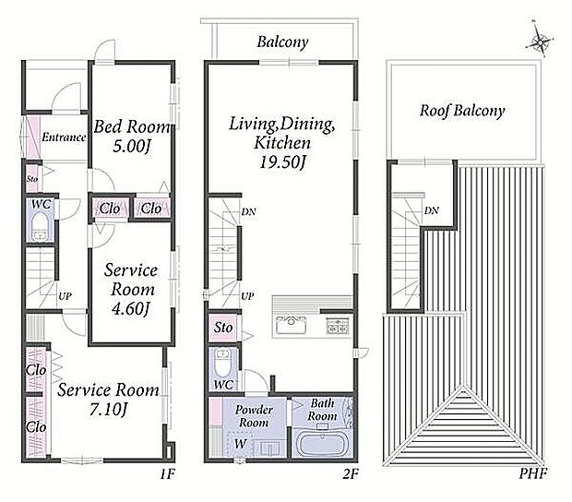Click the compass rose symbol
(x=540, y=40)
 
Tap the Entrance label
(x=64, y=137)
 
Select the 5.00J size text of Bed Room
(x=132, y=147)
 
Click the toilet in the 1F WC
(x=39, y=226)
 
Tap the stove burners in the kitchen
(x=338, y=325)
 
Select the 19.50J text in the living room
(x=282, y=162)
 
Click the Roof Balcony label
(x=462, y=111)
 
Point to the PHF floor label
(x=533, y=474)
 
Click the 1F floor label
(x=168, y=474)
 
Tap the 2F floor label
(x=351, y=474)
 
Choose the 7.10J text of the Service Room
(x=108, y=410)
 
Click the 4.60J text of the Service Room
(x=131, y=309)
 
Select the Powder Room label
(x=254, y=416)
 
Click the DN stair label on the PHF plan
(x=432, y=210)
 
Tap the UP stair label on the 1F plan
(x=65, y=296)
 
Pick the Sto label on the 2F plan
(x=223, y=328)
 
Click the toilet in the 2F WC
(x=222, y=363)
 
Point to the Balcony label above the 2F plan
(x=282, y=42)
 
